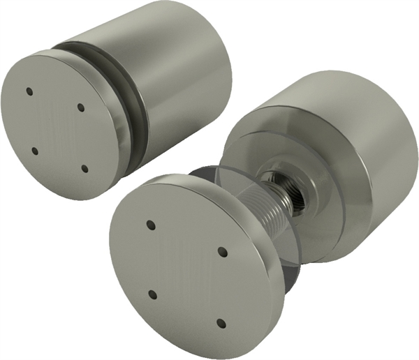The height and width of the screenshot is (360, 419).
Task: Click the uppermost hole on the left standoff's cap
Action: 29,91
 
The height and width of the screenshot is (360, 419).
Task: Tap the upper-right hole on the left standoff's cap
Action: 81,107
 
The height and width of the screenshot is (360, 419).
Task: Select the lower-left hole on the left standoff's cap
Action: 34,150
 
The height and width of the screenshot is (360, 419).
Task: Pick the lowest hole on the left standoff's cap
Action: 84,168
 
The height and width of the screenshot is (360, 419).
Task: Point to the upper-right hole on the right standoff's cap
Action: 223,251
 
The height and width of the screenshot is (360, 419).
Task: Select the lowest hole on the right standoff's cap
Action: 221,323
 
